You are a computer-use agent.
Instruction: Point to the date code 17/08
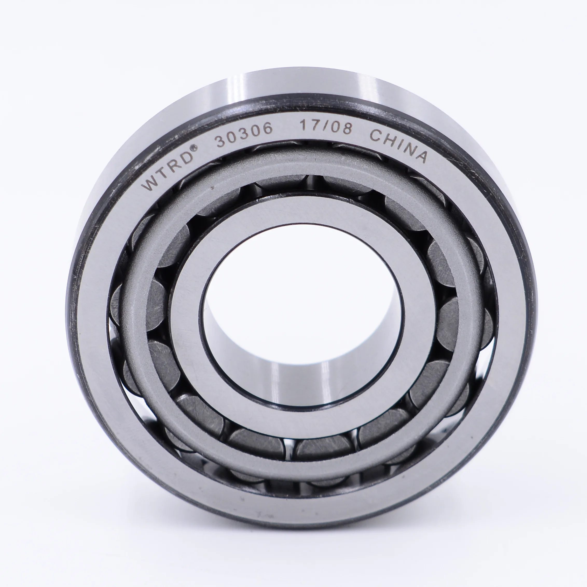click(x=326, y=126)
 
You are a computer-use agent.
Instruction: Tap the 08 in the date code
click(x=342, y=128)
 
